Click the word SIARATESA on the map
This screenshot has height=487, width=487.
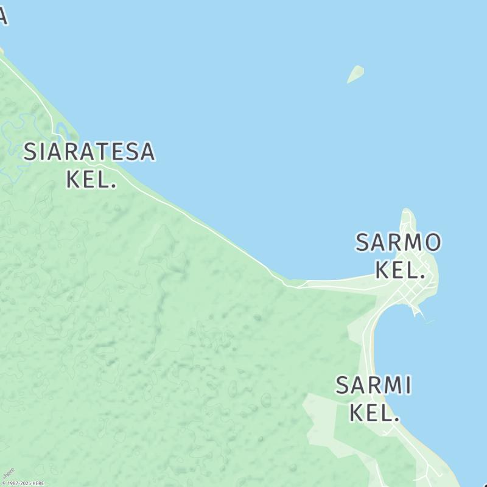coord(89,152)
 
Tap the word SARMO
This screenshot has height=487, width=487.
coord(398,242)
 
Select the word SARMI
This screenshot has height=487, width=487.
coord(374,385)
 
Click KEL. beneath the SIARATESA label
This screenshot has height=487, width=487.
coord(90,179)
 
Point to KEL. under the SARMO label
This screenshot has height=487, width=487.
coord(399,270)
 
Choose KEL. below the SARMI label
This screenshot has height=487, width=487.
coord(374,413)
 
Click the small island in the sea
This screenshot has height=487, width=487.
coord(356,74)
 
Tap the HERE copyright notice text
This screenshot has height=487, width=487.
coord(23,483)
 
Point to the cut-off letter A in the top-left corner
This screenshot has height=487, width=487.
coord(3,16)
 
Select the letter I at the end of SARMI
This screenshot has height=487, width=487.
coord(408,385)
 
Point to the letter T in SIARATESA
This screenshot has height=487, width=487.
coord(110,152)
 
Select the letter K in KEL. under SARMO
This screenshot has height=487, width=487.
coord(383,270)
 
